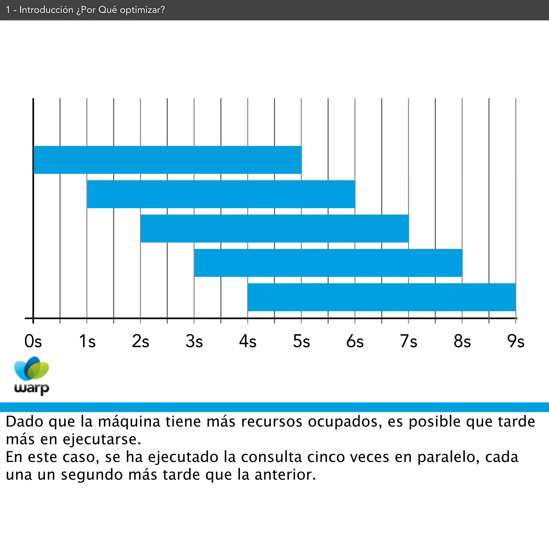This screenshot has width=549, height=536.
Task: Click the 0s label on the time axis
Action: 33,342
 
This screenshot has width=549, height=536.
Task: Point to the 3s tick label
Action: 194,342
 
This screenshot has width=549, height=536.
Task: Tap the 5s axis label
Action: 301,342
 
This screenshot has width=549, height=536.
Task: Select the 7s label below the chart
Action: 408,342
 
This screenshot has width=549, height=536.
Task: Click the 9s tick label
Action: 515,342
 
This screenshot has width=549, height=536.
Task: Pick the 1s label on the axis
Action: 87,342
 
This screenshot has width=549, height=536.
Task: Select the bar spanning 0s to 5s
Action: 167,160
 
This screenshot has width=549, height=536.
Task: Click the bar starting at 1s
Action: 221,194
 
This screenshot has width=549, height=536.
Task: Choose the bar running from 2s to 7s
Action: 274,228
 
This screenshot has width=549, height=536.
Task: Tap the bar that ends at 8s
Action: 328,263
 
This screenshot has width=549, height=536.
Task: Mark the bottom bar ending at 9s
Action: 382,297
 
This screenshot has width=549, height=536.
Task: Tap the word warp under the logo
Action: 32,388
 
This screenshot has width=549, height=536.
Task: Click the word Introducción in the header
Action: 46,10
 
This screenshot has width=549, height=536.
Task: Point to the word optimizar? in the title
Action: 142,10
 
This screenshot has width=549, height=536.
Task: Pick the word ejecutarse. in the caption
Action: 102,439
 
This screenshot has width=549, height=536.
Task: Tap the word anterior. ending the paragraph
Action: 285,475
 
